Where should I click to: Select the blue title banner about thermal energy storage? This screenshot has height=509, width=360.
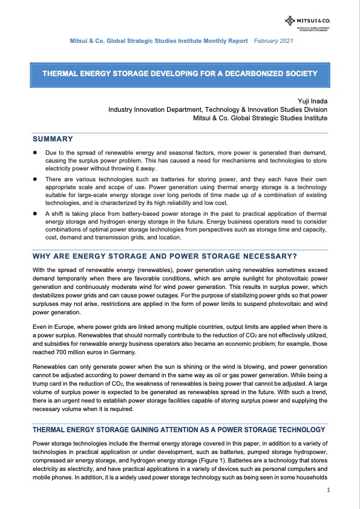pyautogui.click(x=180, y=74)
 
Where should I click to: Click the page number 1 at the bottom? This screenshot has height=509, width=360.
pyautogui.click(x=327, y=490)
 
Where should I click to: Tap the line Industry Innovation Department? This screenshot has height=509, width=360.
pyautogui.click(x=218, y=109)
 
